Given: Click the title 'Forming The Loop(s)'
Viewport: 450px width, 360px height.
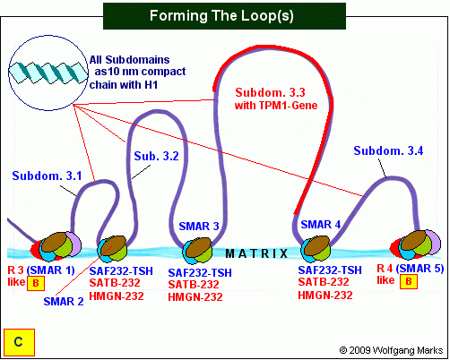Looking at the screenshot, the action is coord(221,15).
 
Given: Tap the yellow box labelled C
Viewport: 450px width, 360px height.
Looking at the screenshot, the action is coord(19,342).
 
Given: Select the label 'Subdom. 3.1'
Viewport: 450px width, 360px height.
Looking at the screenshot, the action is coord(47,176).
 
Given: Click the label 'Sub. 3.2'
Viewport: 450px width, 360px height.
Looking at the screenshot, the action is coord(156,156).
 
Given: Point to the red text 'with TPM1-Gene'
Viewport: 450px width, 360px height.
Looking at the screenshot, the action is coord(276,106).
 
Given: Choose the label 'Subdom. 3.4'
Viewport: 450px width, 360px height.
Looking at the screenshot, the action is coord(388,150).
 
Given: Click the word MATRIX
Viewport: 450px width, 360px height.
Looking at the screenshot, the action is coord(256,253).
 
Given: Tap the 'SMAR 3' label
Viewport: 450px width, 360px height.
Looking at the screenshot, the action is coord(199,227).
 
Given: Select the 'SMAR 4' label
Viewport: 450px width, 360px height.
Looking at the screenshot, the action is coord(321,225).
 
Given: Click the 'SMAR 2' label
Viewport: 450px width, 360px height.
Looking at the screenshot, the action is coord(64,302).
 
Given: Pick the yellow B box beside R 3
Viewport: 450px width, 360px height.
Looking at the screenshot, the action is coord(36,283).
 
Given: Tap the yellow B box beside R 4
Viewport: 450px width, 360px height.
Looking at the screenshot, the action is coord(409,281).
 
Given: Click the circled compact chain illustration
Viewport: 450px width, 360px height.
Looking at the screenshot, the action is coord(48,73).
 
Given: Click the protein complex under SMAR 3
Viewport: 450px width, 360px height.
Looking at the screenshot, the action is coord(197,251).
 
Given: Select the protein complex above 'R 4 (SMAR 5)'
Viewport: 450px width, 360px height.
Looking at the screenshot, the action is coord(416,244).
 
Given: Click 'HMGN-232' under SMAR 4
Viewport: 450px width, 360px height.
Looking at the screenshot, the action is coord(325,296).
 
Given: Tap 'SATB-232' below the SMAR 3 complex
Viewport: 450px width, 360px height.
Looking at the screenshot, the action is coord(194,284).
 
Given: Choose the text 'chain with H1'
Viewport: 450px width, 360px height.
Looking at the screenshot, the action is coord(124,85).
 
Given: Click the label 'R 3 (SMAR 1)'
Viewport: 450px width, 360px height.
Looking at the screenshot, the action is coord(41,270).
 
